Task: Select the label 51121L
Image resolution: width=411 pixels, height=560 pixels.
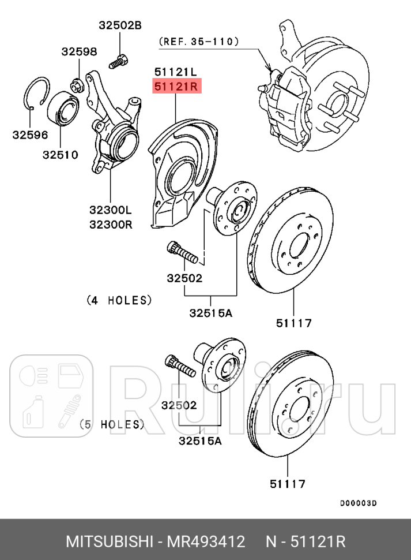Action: pyautogui.click(x=175, y=72)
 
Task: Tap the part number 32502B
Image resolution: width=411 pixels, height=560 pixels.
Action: pyautogui.click(x=119, y=25)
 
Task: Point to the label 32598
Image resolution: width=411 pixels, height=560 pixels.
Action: pyautogui.click(x=79, y=52)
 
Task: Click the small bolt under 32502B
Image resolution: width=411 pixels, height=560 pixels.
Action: pyautogui.click(x=119, y=60)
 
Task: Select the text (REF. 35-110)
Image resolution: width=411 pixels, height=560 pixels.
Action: pyautogui.click(x=198, y=41)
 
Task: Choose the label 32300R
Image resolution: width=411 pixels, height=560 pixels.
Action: pyautogui.click(x=110, y=224)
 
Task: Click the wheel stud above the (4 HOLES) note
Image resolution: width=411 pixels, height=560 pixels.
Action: pyautogui.click(x=184, y=253)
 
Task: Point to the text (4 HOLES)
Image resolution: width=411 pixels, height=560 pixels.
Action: pyautogui.click(x=119, y=300)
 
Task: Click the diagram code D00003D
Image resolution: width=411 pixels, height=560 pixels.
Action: pyautogui.click(x=357, y=503)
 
